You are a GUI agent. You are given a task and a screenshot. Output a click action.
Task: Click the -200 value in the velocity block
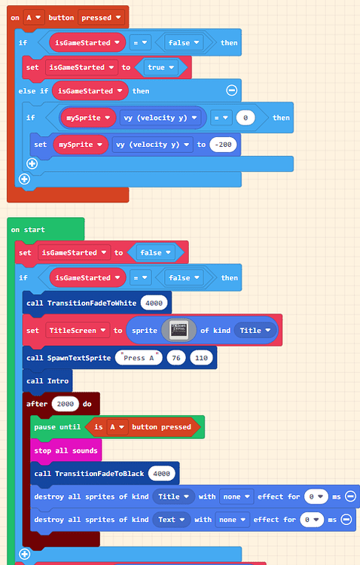pos(222,144)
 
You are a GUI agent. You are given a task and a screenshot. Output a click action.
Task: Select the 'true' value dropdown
pos(160,67)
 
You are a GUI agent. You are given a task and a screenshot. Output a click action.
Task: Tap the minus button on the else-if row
pos(232,91)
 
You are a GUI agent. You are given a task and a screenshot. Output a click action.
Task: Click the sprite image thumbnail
pos(178,330)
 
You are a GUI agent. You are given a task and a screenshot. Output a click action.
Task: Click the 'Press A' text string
pos(139,357)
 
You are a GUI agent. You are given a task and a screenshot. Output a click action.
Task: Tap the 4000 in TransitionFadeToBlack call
pos(163,473)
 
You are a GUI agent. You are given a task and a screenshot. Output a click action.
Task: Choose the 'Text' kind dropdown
pos(170,519)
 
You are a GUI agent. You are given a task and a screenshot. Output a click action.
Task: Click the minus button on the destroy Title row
pos(346,496)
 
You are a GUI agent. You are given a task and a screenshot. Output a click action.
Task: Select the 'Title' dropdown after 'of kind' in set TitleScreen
pos(255,330)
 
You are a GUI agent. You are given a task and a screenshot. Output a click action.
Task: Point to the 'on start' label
pos(28,229)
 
